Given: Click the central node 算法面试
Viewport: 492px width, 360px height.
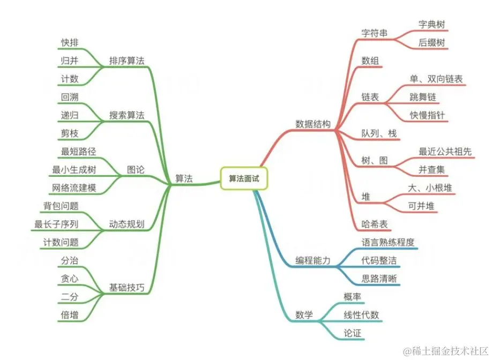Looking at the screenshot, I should coord(244,178).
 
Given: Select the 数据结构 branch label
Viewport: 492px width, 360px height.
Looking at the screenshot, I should coord(313,124).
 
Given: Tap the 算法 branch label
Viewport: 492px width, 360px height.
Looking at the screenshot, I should coord(184,179).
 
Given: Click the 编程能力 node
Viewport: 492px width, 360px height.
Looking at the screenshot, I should coord(313,260).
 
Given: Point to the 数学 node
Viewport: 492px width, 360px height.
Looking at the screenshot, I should coord(304,314).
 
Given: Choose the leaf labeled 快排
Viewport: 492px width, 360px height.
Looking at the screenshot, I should coord(70,42).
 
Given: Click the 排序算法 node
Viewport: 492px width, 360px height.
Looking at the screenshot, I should coord(126,60).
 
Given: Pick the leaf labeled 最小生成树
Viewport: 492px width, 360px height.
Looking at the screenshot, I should coord(76,170).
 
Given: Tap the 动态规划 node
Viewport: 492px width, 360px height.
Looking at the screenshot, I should coord(126,224).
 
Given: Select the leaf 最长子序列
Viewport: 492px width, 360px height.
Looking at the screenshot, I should coord(57,224).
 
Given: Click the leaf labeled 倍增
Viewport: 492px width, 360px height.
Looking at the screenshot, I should coord(70,315).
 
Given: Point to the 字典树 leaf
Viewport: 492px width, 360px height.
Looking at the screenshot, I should coord(431,25).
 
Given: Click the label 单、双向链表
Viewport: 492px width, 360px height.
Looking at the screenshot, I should coord(436,79).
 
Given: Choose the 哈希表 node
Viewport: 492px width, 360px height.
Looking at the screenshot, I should coord(375,223).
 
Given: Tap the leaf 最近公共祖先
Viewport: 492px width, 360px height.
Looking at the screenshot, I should coord(445,152).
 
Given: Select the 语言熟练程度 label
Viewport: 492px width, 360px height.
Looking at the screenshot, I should coord(388,242).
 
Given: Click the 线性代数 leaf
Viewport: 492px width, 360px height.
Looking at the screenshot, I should coord(361,315).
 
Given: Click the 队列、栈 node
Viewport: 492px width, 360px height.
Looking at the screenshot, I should coord(379,133).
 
